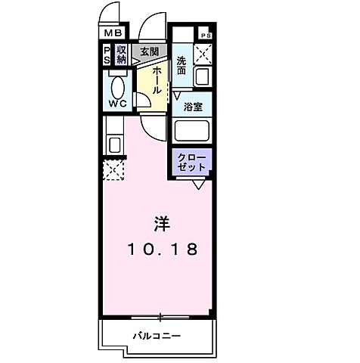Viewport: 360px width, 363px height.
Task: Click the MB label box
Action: pyautogui.click(x=112, y=33)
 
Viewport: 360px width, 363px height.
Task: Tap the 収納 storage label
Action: pyautogui.click(x=121, y=54)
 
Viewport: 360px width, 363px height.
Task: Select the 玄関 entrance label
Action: pyautogui.click(x=150, y=51)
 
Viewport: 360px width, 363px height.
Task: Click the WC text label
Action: pyautogui.click(x=119, y=103)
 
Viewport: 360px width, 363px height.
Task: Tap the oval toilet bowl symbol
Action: pyautogui.click(x=119, y=83)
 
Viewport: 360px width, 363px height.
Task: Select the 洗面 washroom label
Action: pyautogui.click(x=182, y=65)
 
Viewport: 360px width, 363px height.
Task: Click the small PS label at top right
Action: pyautogui.click(x=206, y=34)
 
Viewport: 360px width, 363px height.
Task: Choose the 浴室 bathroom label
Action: pyautogui.click(x=194, y=107)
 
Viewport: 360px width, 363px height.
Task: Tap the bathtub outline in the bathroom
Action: pyautogui.click(x=193, y=130)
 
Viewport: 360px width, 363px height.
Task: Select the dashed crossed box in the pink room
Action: pyautogui.click(x=114, y=170)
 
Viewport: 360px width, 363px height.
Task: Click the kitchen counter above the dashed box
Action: pyautogui.click(x=114, y=143)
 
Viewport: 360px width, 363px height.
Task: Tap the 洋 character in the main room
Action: pyautogui.click(x=160, y=225)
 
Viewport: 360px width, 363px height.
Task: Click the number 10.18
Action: pyautogui.click(x=160, y=250)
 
